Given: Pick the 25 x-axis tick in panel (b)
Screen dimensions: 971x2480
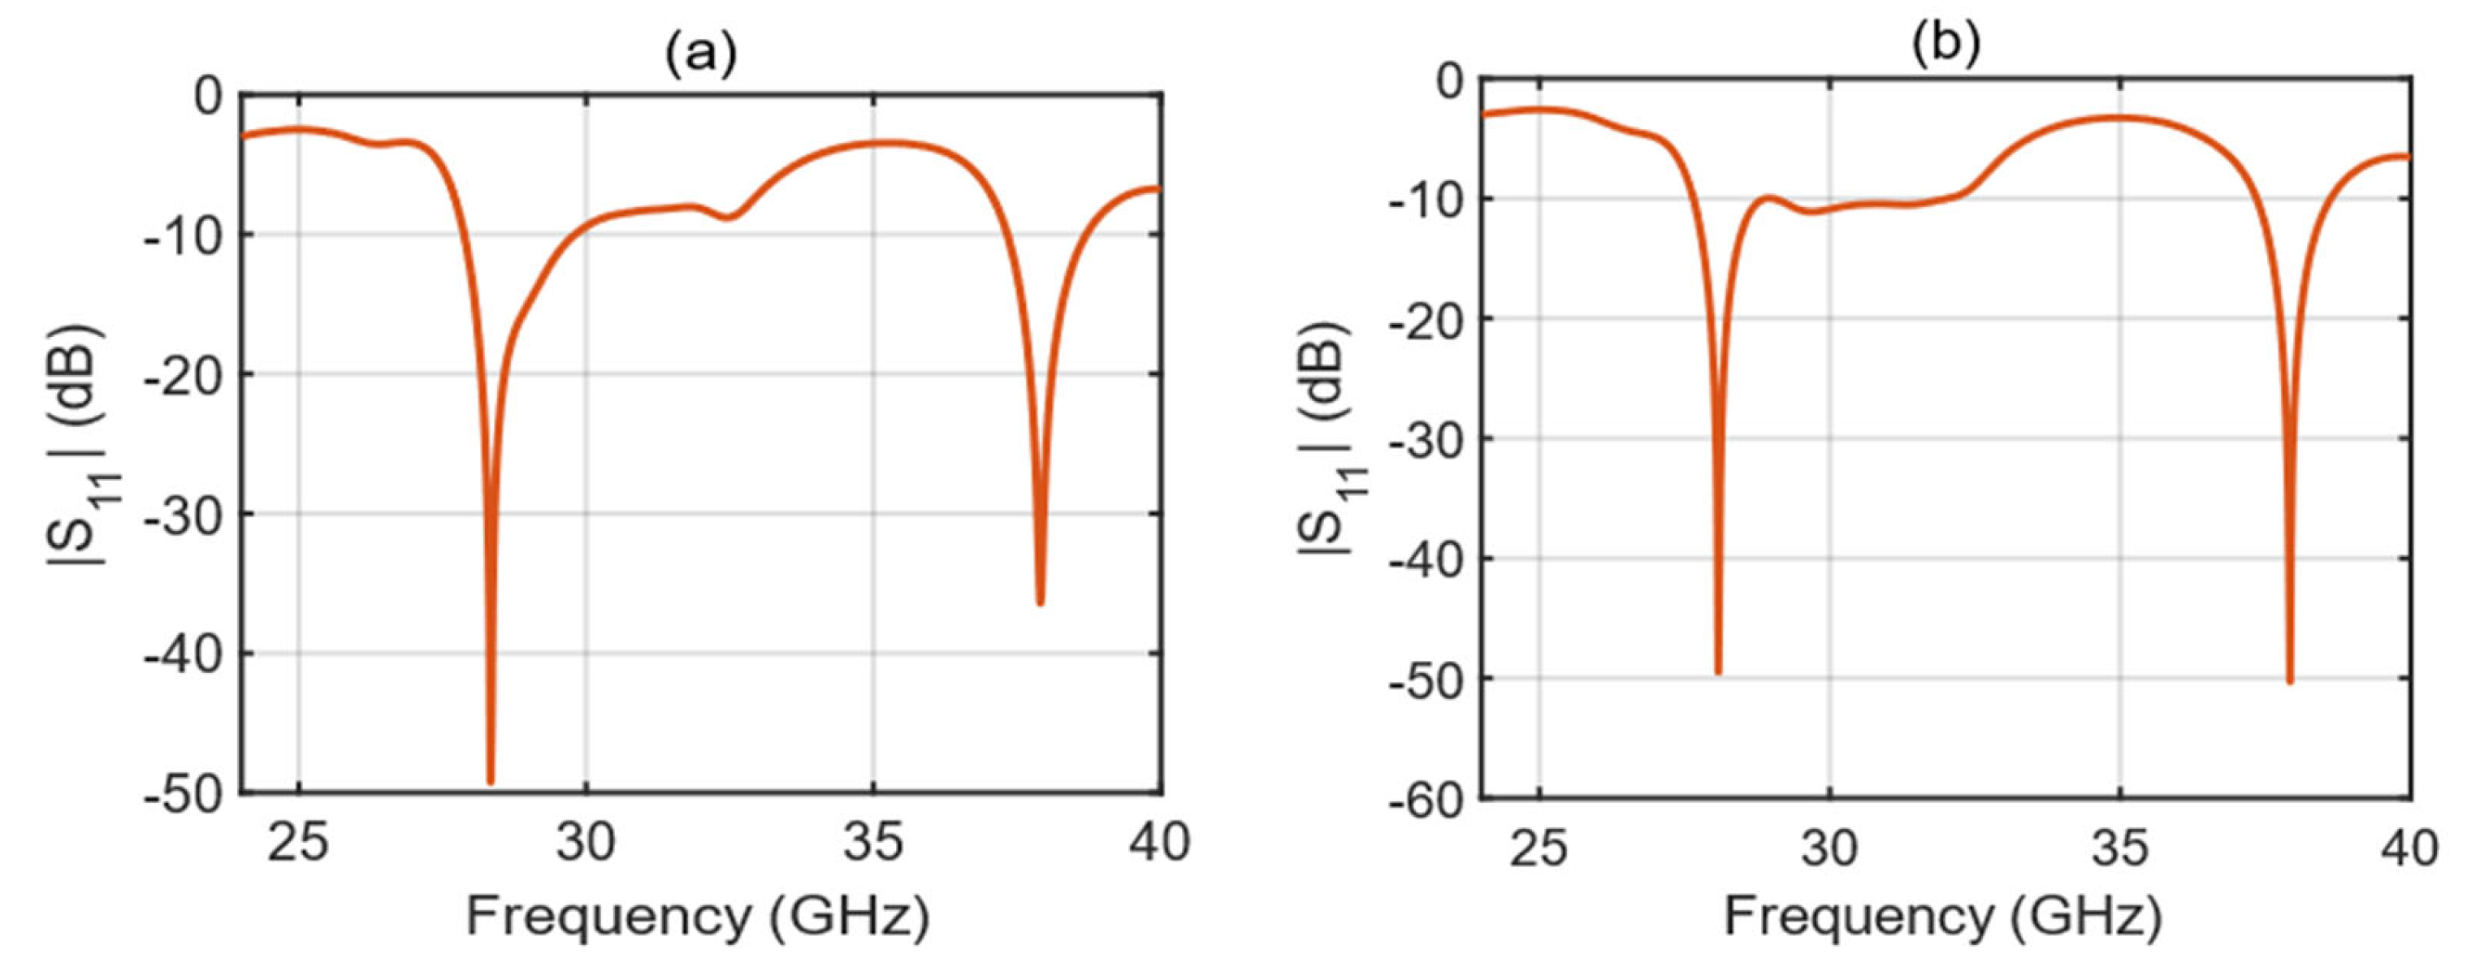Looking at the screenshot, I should pos(1539,848).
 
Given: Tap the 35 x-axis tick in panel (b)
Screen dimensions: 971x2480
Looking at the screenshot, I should pos(2120,848).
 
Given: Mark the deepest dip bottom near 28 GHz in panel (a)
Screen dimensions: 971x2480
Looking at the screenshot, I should pos(490,781).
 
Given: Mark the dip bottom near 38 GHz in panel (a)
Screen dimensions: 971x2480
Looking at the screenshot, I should pos(1040,602).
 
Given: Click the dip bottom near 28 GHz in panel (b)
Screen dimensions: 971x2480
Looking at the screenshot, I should pos(1717,671).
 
